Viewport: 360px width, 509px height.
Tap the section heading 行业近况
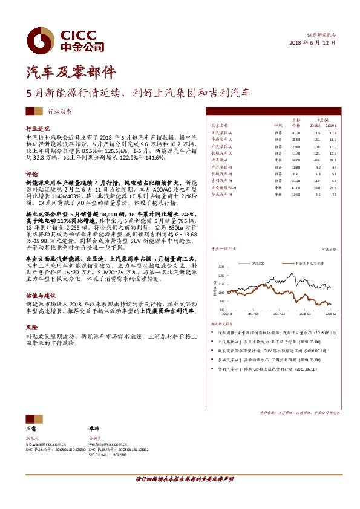pos(36,129)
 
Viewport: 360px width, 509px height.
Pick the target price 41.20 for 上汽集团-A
pos(296,132)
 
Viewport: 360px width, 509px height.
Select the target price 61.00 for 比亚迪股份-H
pos(296,187)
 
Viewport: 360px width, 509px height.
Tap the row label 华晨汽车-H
pos(221,194)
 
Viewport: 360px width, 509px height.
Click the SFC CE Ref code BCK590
pos(119,455)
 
